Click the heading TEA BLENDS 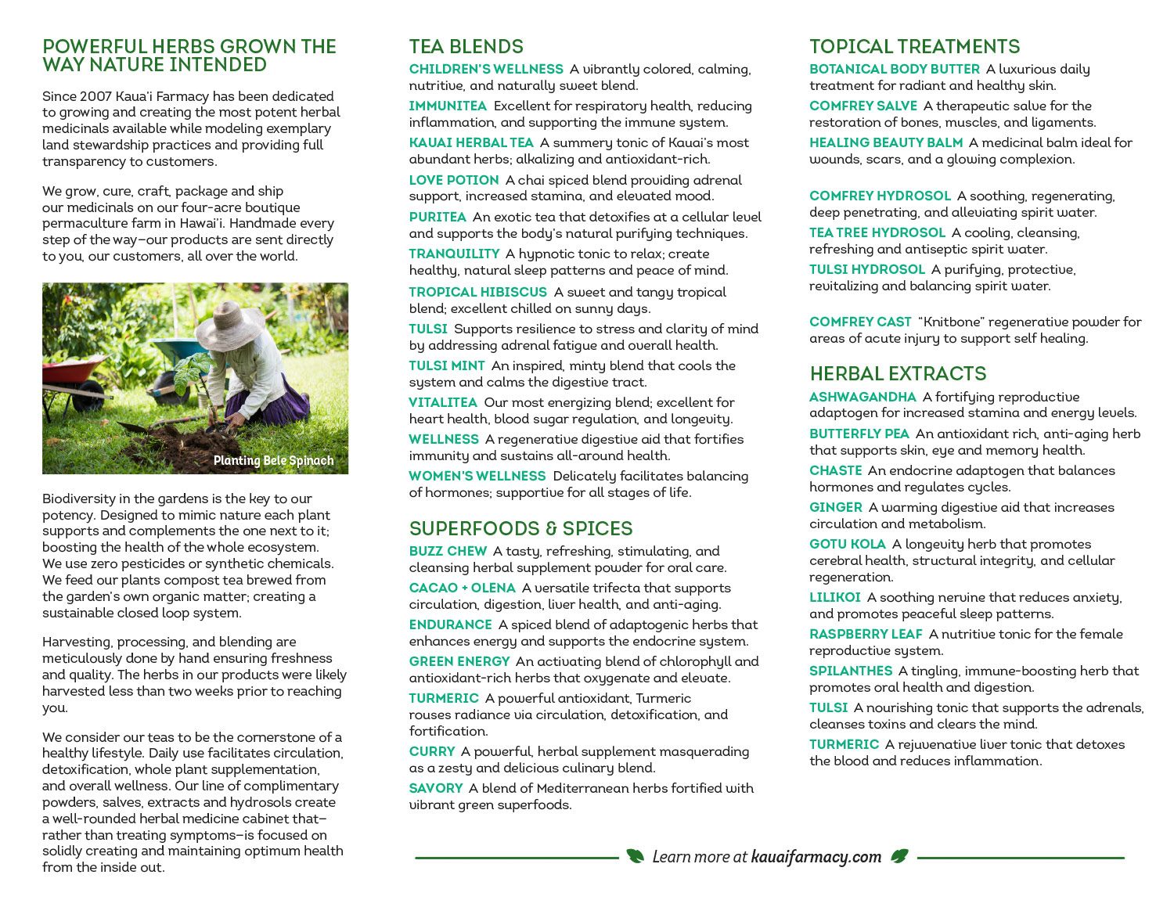[x=466, y=46]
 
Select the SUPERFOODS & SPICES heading [x=520, y=528]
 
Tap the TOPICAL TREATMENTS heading [x=914, y=46]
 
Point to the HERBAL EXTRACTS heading [x=898, y=373]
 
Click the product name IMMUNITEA [x=448, y=106]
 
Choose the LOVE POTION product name [x=453, y=180]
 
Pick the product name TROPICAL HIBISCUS [x=477, y=292]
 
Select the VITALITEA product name [x=442, y=402]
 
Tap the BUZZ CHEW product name [x=448, y=551]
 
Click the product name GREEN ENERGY [x=459, y=661]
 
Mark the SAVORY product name [x=435, y=788]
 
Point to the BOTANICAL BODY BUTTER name [x=894, y=69]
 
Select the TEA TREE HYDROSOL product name [x=877, y=232]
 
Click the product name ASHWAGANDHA [x=862, y=397]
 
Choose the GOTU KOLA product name [x=847, y=544]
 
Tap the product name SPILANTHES [x=850, y=671]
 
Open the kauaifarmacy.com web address [x=816, y=857]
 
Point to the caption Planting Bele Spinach [x=273, y=461]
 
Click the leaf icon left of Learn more [x=635, y=856]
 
